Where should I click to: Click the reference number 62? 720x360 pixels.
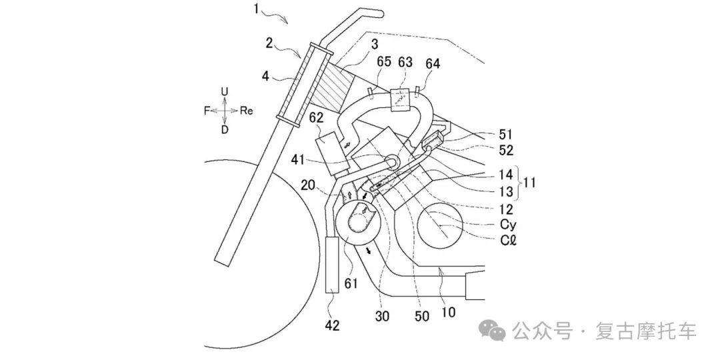point(316,118)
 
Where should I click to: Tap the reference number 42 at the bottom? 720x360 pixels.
point(332,325)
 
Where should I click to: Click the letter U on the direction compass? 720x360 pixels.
point(225,92)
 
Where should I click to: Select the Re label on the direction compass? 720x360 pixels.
point(247,111)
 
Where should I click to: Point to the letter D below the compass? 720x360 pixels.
point(225,130)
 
